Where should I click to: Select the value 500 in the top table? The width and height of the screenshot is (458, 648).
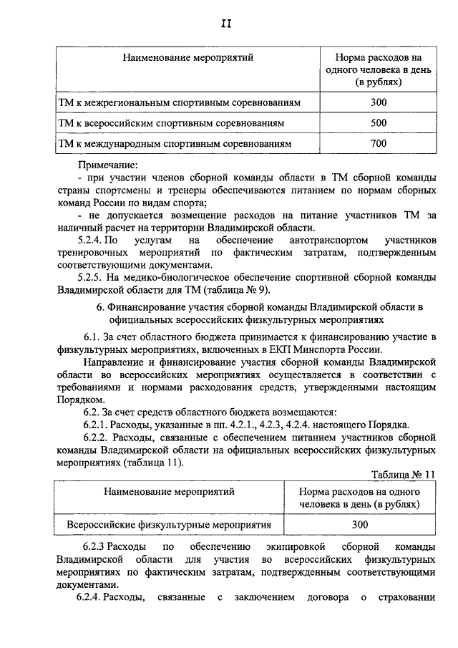(x=379, y=123)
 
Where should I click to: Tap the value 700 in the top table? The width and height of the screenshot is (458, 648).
(x=379, y=144)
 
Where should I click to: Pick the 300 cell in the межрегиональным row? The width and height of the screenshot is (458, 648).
(x=379, y=102)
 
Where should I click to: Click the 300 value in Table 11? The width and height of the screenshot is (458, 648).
(x=360, y=524)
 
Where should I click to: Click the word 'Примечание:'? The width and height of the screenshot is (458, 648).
(x=108, y=165)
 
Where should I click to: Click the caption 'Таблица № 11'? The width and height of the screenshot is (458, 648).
(x=404, y=475)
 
